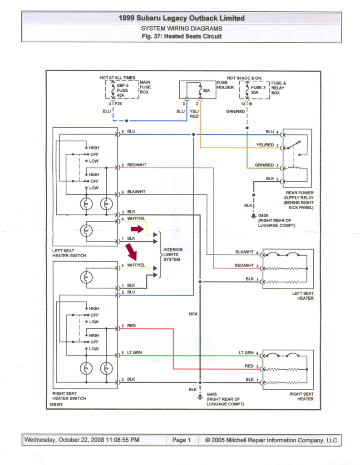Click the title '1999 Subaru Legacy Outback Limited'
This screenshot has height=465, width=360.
182,18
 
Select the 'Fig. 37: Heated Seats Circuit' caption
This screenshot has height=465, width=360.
182,36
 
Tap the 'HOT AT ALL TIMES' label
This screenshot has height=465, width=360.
118,78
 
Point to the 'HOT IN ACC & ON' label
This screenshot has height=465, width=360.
244,78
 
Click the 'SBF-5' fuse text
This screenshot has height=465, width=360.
123,85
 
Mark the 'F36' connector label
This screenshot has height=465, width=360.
118,104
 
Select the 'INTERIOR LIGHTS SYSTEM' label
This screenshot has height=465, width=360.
173,254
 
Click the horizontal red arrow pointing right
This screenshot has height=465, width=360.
137,229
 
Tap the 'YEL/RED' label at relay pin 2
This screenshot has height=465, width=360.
265,145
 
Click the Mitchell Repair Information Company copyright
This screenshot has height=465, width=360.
271,440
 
